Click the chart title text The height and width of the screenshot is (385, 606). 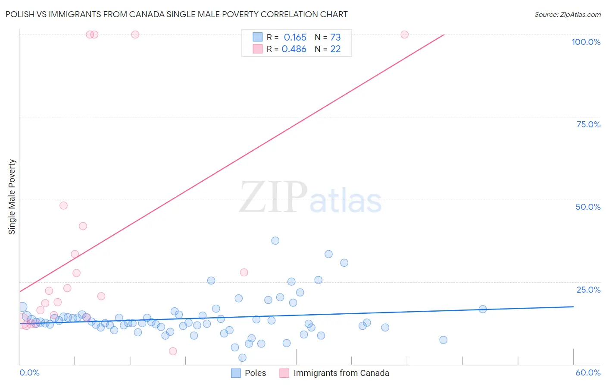point(176,14)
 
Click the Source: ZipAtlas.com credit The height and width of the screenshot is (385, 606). point(567,14)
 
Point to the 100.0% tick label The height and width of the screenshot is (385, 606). point(586,42)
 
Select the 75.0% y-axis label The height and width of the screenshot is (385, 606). point(588,124)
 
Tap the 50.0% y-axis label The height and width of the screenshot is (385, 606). point(588,207)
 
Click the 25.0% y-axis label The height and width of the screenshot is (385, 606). point(588,289)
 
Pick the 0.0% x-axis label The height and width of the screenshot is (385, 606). point(29,372)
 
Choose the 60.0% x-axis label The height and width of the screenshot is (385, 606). point(588,372)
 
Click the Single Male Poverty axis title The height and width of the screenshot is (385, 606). point(12,197)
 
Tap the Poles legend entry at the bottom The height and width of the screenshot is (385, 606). point(255,373)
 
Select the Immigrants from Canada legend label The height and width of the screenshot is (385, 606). point(341,373)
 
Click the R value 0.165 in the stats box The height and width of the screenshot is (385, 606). point(295,37)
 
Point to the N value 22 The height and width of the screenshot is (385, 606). point(335,49)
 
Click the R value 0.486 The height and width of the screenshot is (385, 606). point(294,49)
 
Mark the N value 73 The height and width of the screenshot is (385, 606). point(335,37)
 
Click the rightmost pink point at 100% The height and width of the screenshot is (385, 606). point(404,35)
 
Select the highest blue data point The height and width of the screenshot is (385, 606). point(275,240)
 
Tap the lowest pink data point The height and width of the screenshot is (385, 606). point(173,351)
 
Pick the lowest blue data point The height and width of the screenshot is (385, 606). point(242,357)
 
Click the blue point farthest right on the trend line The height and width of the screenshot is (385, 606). point(483,309)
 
